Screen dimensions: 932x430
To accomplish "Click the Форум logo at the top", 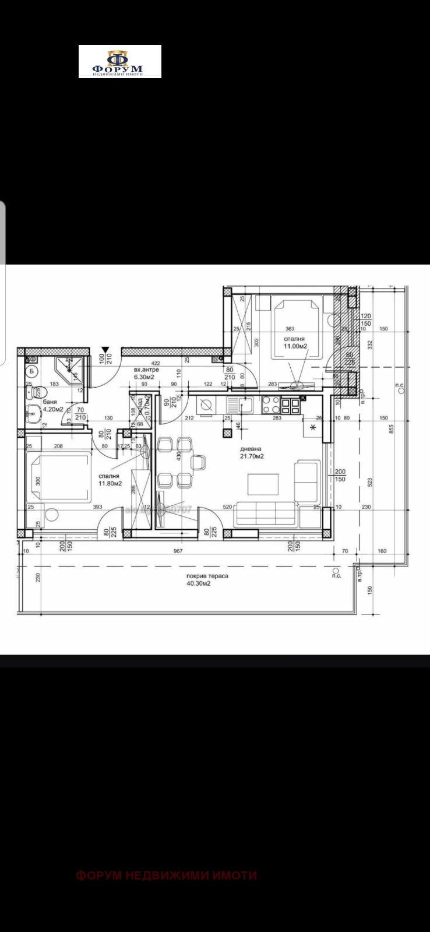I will [x=119, y=62].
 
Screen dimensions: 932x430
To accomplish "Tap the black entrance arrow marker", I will [x=104, y=350].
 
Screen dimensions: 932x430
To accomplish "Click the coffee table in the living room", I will [x=263, y=484].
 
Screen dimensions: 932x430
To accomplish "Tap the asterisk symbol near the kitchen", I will [x=313, y=428].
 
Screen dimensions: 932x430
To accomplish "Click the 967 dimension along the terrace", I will [x=178, y=551].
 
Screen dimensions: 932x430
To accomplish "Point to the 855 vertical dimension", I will [x=392, y=428].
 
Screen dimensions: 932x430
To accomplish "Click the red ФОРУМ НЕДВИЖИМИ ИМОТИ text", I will [x=167, y=875].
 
